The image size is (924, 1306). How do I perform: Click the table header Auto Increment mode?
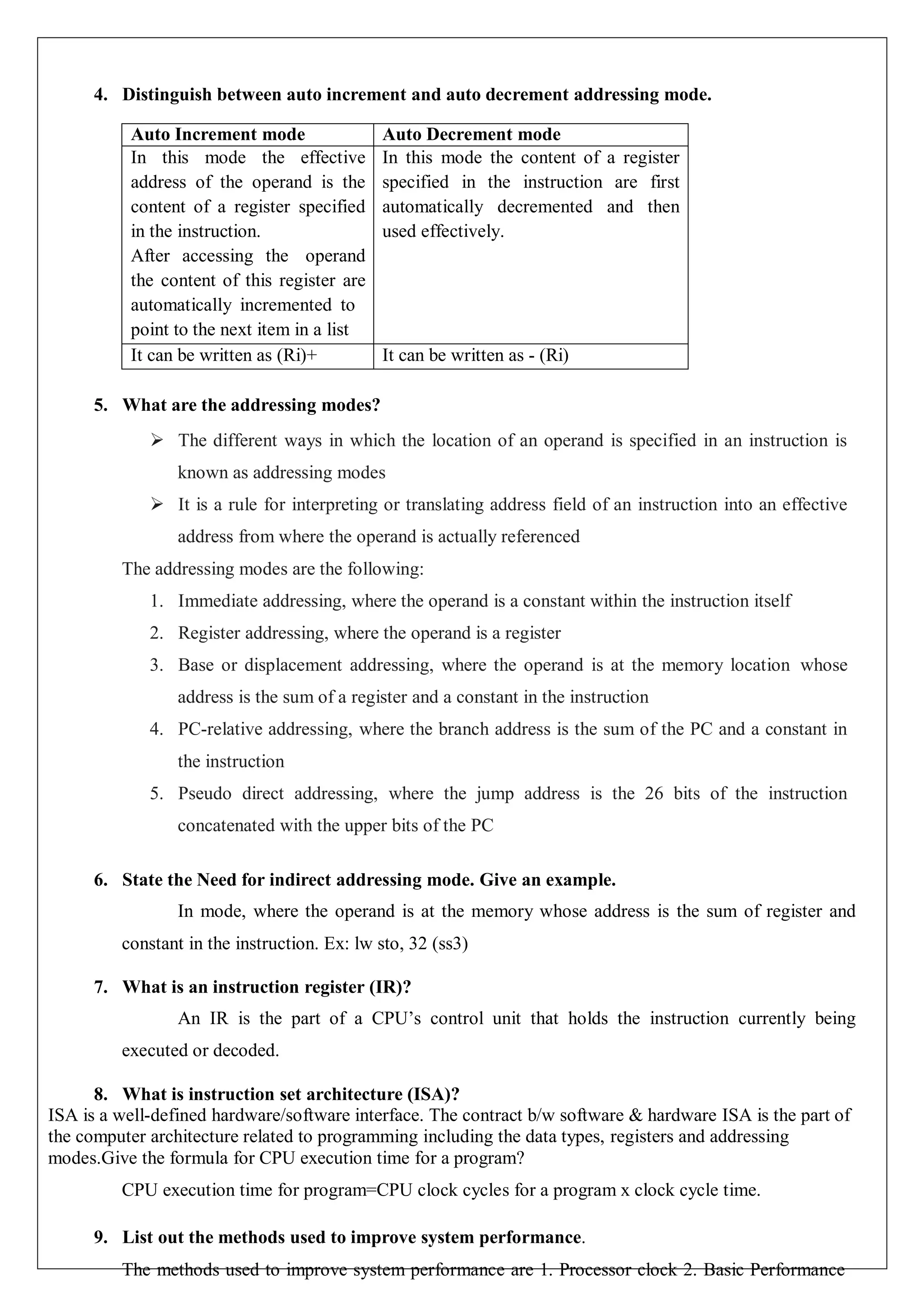[x=217, y=135]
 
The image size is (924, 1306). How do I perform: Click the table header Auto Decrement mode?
[x=471, y=135]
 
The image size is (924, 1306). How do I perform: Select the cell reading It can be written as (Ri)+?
[x=224, y=355]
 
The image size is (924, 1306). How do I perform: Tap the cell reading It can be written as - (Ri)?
[x=475, y=355]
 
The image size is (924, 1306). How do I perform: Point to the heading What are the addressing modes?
[x=251, y=405]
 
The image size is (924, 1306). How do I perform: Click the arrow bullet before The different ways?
[x=157, y=440]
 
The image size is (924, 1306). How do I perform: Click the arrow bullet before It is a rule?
[x=157, y=505]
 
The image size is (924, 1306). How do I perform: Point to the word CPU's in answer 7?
[x=396, y=1018]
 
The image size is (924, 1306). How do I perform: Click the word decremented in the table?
[x=545, y=207]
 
